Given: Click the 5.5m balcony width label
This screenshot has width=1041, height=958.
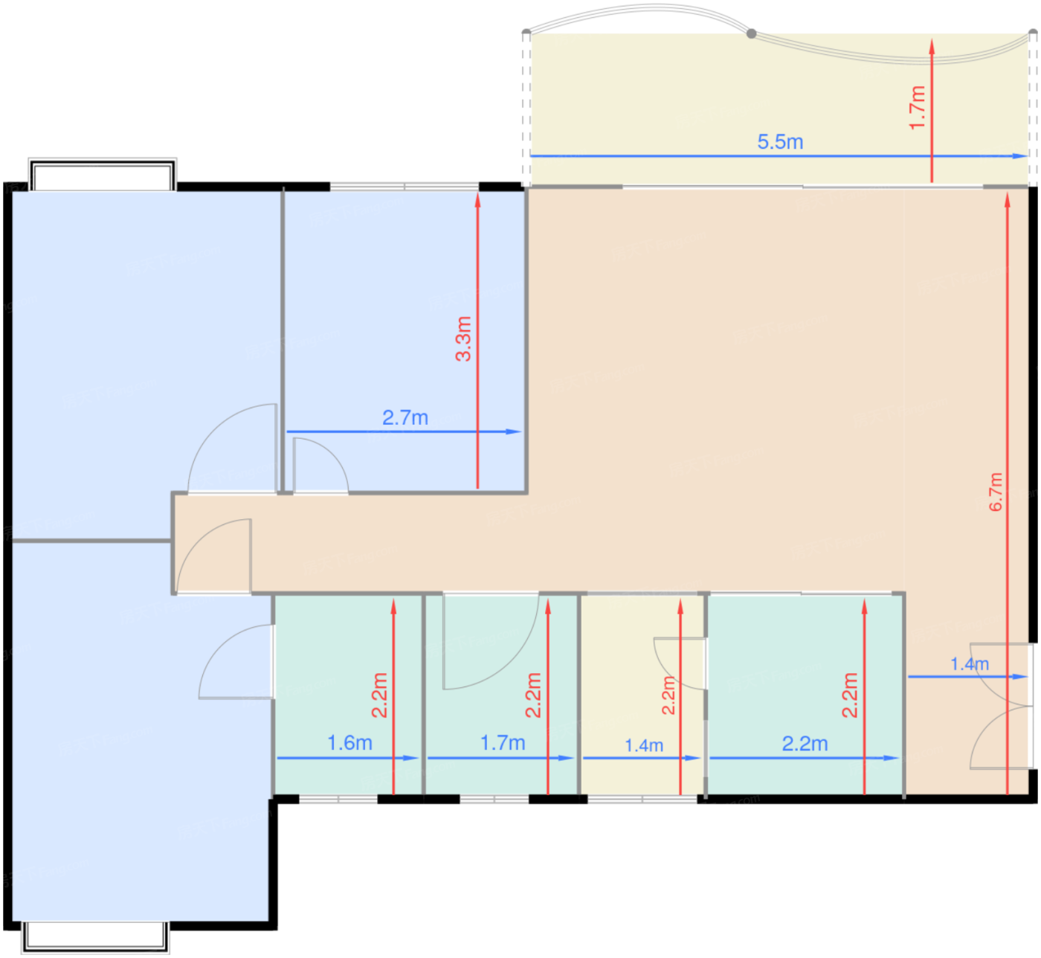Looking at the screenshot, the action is coord(780,142).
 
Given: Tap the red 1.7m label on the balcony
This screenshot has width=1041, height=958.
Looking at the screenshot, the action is coord(917,108).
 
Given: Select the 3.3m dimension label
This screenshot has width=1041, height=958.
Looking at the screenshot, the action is coord(463,338).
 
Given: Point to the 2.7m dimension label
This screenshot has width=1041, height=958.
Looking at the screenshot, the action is coord(405,417).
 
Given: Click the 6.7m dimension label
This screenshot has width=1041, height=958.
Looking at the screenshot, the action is coord(996,492).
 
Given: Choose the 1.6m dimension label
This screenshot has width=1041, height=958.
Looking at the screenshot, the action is coord(349,743).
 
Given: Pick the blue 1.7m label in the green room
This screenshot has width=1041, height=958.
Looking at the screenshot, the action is coord(503,743).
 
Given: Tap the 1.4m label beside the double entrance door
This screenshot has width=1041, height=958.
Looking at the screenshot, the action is coord(970,664).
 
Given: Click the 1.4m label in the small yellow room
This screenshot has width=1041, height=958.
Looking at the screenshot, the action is coord(644,745).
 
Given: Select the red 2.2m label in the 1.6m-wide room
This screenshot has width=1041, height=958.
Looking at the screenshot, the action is coord(379,695).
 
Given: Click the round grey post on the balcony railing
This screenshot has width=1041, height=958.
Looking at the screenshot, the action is coord(751,33).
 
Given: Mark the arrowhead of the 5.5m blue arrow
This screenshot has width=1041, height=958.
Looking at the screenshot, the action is coord(1021,155).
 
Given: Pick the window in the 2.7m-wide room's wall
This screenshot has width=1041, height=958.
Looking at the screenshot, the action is coord(405,186).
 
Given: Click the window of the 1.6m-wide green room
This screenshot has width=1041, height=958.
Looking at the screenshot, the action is coord(338,799).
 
